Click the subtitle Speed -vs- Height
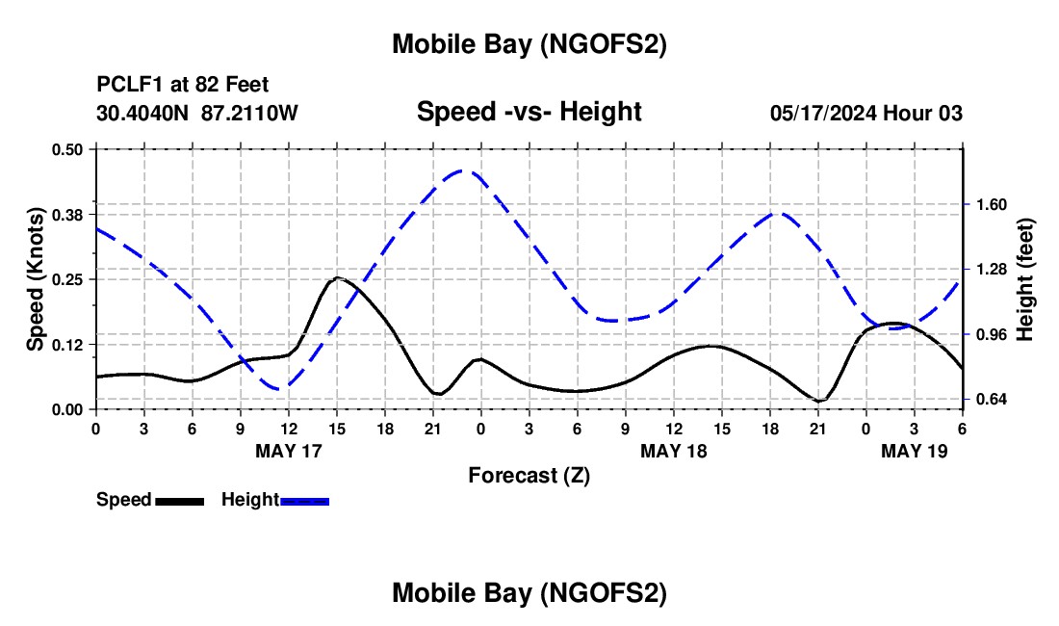(529, 112)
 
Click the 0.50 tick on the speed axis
(68, 149)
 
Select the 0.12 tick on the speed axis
(68, 345)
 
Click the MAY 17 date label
(289, 450)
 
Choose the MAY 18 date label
(674, 450)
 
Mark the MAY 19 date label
(915, 450)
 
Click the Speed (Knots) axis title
(36, 279)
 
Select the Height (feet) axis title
(1026, 279)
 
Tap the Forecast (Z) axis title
(529, 475)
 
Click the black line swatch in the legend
(179, 501)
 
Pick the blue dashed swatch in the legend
(304, 501)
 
